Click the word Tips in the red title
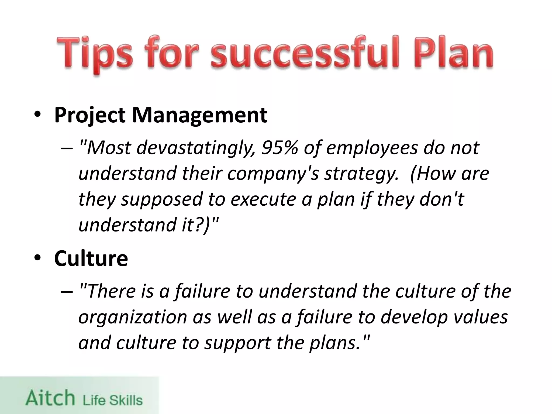(95, 54)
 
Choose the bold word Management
(199, 115)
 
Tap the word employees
(372, 148)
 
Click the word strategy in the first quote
(361, 174)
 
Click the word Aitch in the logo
(50, 398)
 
